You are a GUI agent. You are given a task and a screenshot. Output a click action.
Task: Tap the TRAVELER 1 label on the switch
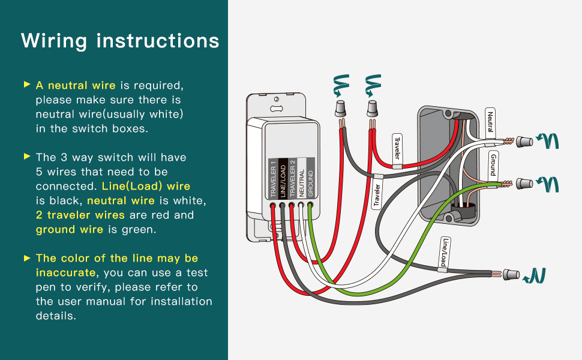[x=273, y=179]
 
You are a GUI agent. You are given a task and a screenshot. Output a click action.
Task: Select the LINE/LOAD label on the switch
[x=283, y=179]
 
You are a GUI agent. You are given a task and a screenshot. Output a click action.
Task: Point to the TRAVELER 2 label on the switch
[x=292, y=179]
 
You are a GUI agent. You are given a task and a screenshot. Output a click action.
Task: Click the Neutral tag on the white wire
[x=490, y=122]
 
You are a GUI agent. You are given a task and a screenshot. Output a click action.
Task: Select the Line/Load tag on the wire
[x=445, y=253]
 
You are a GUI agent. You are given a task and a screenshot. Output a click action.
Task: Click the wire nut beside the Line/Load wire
[x=511, y=275]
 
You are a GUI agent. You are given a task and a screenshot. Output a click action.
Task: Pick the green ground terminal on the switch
[x=310, y=206]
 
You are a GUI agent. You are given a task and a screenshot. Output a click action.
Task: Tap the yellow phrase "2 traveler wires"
[x=80, y=215]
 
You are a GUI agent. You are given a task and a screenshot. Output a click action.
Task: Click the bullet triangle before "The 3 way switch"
[x=27, y=157]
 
